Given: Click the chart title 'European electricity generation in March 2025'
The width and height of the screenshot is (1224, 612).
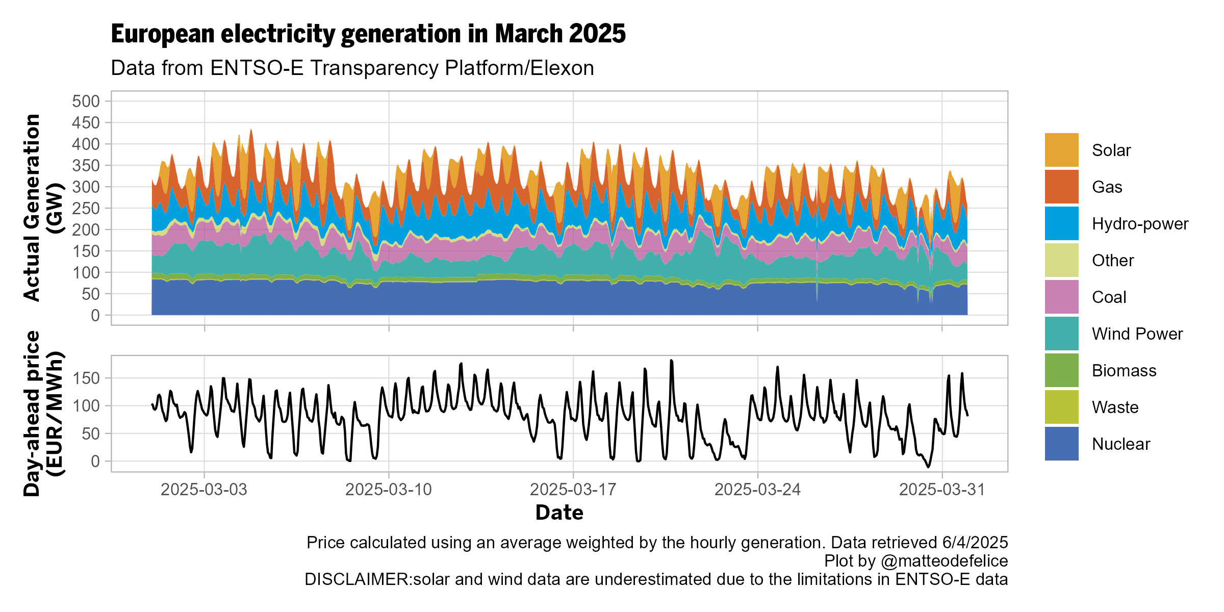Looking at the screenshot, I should coord(368,34).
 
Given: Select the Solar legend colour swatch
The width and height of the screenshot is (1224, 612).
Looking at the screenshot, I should coord(1061,150).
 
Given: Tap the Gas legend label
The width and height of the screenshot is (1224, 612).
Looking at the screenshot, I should coord(1107,187).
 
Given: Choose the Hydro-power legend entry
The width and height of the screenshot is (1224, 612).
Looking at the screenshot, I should coord(1139,224).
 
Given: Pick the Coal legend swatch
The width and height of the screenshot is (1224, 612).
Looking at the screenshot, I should coord(1061,297).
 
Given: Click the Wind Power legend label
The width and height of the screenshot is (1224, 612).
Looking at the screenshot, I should coord(1137,334).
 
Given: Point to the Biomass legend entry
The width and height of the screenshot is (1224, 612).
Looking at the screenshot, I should coord(1124,371).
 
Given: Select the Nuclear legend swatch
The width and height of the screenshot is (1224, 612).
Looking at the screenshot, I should coord(1061,444).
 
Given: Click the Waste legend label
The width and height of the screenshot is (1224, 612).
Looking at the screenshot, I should coord(1115,407).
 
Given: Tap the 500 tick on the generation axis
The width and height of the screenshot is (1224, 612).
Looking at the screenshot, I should coord(86,101).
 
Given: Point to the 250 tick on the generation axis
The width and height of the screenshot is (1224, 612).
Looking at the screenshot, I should coord(86,208).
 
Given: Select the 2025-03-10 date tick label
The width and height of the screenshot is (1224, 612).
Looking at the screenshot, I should coord(389,490).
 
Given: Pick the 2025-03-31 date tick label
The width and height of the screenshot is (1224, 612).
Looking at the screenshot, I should coord(941,490).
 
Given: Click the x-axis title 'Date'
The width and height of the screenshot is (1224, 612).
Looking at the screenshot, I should coord(559,513).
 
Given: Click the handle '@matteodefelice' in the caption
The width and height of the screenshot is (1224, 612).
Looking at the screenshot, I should coord(944,561).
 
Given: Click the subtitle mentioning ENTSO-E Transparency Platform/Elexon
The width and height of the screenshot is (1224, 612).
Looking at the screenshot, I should coord(352,68).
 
